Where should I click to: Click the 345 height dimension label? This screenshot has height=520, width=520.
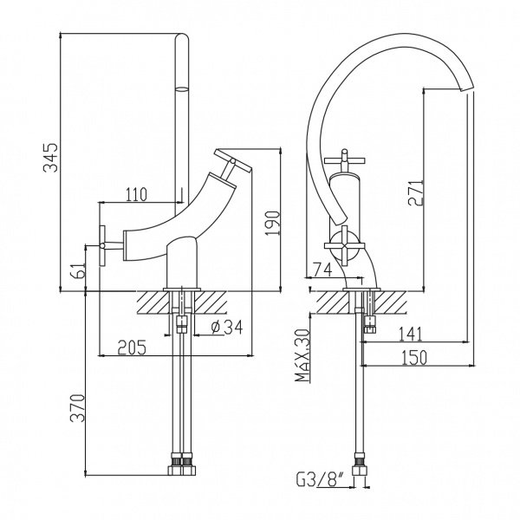coord(51,158)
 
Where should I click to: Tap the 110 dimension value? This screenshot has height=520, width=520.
coord(136,194)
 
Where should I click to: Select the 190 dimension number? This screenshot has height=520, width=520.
coord(273,224)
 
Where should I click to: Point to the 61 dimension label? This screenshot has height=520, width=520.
coord(80,270)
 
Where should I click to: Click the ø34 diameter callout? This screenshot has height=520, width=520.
coord(227,328)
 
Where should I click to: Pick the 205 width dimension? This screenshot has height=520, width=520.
coord(132,348)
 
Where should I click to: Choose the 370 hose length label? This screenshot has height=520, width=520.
coord(78,408)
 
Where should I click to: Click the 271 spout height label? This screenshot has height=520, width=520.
coord(416,193)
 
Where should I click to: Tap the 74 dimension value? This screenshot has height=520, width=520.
coord(322,270)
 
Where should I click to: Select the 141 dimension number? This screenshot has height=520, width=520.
coord(411,334)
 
